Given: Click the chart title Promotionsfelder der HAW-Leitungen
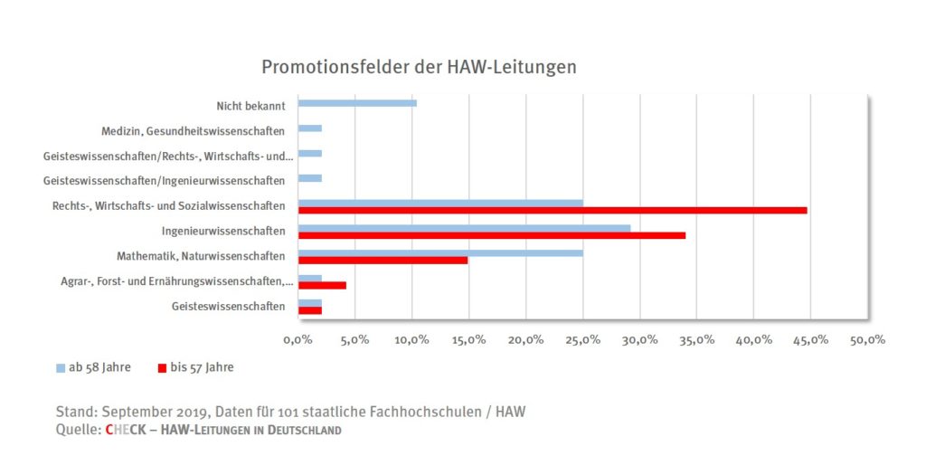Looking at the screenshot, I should click(419, 68).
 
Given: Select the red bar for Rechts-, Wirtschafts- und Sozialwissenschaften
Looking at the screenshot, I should click(552, 210).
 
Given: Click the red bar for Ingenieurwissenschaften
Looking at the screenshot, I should click(491, 235).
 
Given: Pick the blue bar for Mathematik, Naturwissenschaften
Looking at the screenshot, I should click(440, 251).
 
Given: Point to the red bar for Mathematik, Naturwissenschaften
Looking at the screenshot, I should click(383, 261).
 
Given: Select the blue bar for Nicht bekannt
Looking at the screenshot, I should click(357, 103).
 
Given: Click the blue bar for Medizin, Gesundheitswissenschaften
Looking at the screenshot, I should click(309, 128).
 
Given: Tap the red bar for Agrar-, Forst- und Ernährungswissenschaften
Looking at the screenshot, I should click(322, 285).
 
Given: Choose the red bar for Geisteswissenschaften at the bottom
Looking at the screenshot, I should click(309, 310).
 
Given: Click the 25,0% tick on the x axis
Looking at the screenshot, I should click(582, 339).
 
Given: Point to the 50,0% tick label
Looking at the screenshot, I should click(867, 339).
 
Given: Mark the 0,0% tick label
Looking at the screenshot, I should click(298, 339).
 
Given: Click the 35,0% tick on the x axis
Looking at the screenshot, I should click(696, 339).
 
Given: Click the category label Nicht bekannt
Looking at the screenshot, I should click(250, 104).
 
